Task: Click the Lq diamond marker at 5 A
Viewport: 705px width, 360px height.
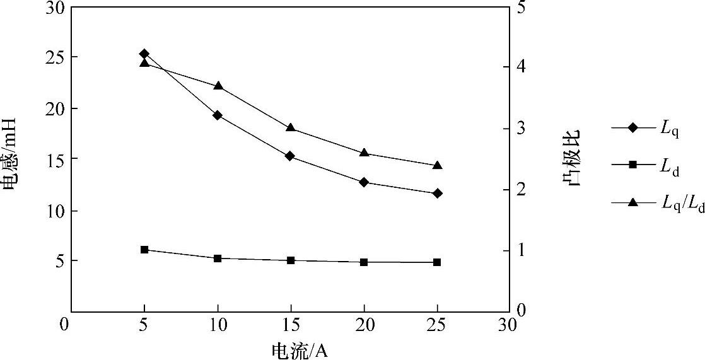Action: click(x=144, y=54)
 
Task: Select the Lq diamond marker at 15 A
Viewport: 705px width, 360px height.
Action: click(x=290, y=156)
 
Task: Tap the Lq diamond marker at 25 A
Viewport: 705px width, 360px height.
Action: click(x=437, y=193)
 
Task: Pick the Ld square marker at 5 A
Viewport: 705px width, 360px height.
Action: click(x=144, y=250)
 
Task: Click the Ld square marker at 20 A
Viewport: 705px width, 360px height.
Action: click(x=364, y=262)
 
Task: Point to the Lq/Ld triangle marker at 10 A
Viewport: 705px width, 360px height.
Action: click(x=218, y=86)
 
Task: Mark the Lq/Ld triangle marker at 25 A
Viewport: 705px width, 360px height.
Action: click(x=437, y=165)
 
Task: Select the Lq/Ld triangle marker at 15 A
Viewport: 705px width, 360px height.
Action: click(x=290, y=127)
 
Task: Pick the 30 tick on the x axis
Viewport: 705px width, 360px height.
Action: click(x=508, y=325)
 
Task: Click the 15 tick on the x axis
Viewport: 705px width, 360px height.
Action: click(x=290, y=325)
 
